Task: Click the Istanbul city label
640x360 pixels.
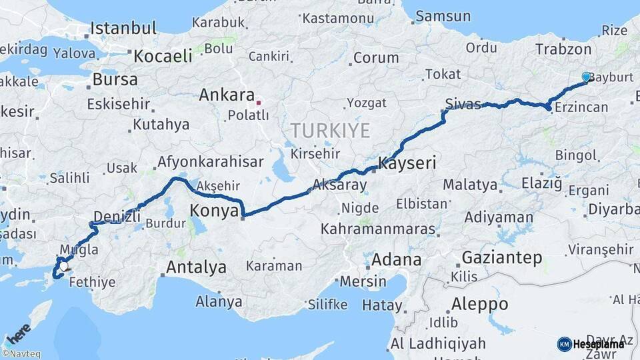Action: click(123, 29)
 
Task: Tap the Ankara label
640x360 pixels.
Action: click(227, 95)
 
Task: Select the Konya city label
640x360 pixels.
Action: click(214, 211)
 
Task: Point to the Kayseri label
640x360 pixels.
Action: click(407, 163)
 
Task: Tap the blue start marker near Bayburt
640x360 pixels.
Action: click(586, 77)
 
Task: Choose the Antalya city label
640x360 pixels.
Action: click(196, 268)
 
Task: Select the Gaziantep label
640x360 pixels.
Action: click(502, 257)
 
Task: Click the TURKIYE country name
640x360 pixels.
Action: click(329, 130)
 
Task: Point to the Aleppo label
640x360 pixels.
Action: click(479, 304)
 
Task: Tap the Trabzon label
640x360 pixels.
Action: click(563, 49)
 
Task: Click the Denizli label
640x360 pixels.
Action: click(117, 216)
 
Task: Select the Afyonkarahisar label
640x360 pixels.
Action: click(210, 162)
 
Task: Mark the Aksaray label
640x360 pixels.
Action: click(339, 185)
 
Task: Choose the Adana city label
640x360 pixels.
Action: click(397, 259)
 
